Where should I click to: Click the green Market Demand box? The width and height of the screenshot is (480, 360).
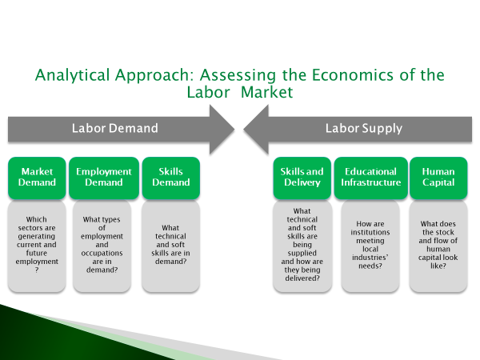pos(37,178)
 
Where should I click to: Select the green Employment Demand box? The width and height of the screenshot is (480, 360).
pos(104,178)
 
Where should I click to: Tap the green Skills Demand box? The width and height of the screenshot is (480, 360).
pos(171,178)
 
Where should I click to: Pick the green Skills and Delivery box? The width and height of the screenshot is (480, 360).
pos(302,178)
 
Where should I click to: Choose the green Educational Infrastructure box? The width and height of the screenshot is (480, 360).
pos(370,178)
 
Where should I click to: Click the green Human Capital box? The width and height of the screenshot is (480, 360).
pos(438,178)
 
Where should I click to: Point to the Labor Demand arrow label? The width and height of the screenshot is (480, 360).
pos(114,128)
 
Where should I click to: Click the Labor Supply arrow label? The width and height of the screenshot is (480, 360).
pos(364,129)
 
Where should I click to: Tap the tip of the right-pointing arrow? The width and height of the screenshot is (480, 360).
pos(234,129)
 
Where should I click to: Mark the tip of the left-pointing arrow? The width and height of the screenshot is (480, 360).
pos(244,129)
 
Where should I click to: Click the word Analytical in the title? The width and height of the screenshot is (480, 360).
pos(72,76)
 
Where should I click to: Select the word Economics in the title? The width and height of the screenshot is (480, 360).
pos(352,75)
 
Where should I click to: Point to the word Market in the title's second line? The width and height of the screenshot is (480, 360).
pos(267,92)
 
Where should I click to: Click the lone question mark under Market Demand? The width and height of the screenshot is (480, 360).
pos(37,270)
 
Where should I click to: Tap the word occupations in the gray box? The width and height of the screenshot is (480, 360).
pos(102,254)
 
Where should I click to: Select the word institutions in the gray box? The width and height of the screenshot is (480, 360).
pos(370,232)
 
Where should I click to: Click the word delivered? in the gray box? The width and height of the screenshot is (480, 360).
pos(302,278)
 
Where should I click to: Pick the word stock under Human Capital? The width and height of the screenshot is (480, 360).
pos(444,232)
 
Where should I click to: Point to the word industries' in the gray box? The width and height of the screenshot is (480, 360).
pos(370,258)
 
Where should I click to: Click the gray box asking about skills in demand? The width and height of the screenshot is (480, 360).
pos(171,246)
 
